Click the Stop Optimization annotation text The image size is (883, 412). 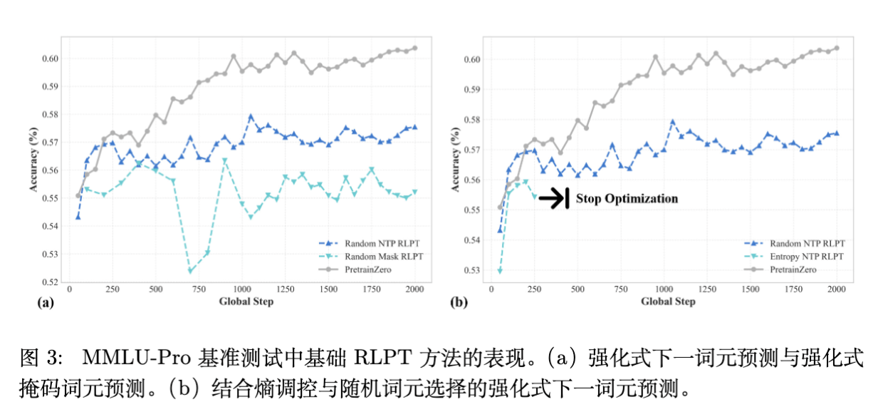pyautogui.click(x=627, y=199)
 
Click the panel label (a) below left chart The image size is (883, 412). pyautogui.click(x=45, y=302)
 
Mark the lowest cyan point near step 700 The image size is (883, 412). pyautogui.click(x=190, y=271)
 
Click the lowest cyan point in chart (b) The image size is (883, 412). pyautogui.click(x=500, y=271)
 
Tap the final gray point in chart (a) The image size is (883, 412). pyautogui.click(x=414, y=48)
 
